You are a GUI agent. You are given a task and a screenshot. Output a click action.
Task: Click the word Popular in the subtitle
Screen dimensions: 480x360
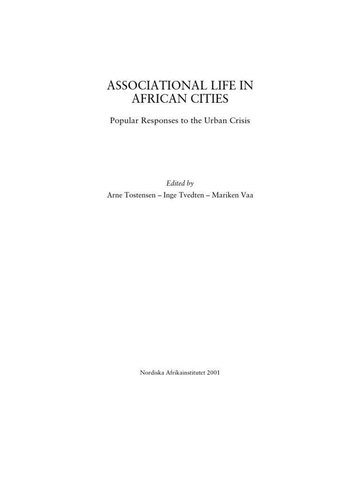tap(124, 120)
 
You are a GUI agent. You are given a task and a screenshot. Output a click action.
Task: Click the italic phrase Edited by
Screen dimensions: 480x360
tap(180, 183)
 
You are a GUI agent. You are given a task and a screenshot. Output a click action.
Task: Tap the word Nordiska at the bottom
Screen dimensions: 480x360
tap(152, 373)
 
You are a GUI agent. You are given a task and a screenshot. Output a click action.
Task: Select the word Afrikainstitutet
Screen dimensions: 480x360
tap(185, 373)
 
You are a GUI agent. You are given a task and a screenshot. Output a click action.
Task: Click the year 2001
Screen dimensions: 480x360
tap(213, 373)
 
